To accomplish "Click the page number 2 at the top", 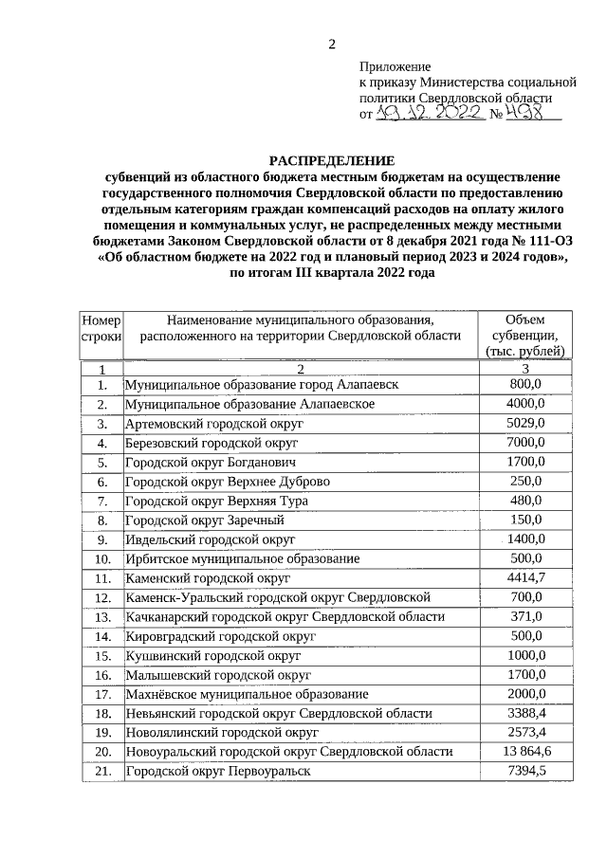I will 332,44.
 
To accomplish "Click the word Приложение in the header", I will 395,66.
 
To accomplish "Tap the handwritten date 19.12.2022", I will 432,114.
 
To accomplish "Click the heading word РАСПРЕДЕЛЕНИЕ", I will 332,161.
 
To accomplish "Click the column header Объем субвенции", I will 524,335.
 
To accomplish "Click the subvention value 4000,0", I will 524,403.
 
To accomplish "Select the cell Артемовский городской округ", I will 213,424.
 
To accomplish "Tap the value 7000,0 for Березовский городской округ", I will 524,443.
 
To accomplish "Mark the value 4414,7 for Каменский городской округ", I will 524,577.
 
